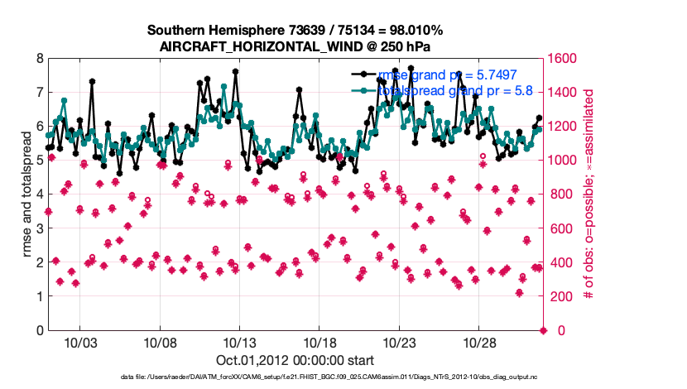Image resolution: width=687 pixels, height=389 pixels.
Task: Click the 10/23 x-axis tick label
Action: click(399, 343)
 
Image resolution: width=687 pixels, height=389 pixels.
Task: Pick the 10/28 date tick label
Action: click(479, 343)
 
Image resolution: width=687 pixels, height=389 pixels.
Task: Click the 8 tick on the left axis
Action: click(40, 59)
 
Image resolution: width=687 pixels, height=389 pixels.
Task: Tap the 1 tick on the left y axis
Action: click(40, 296)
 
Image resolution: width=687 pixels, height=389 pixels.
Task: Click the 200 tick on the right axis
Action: click(562, 296)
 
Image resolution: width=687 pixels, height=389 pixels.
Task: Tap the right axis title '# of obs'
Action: click(591, 194)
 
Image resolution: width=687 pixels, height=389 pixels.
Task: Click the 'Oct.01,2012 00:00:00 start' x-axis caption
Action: click(295, 360)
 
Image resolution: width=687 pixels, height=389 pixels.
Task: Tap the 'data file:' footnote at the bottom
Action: click(132, 377)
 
